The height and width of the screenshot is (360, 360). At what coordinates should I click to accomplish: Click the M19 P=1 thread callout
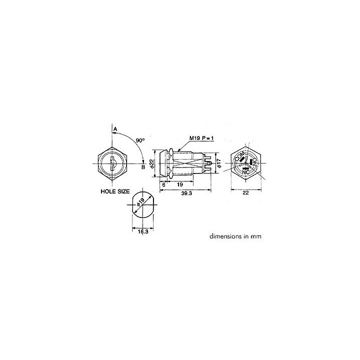[x=201, y=138]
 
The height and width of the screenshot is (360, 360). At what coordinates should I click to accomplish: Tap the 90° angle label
[x=140, y=140]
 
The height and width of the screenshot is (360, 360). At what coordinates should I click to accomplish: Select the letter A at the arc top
[x=115, y=129]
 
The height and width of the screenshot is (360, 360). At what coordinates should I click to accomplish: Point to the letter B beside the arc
[x=143, y=167]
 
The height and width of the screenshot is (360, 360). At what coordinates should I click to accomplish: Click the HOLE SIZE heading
[x=115, y=191]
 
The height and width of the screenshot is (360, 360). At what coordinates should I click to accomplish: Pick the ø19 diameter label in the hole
[x=140, y=202]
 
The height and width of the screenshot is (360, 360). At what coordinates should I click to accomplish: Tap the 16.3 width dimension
[x=143, y=231]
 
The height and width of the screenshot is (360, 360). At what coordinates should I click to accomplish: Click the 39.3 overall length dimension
[x=186, y=193]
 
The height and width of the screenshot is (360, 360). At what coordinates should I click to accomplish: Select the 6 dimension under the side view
[x=163, y=184]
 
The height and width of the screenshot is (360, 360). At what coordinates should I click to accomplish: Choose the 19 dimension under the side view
[x=180, y=184]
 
